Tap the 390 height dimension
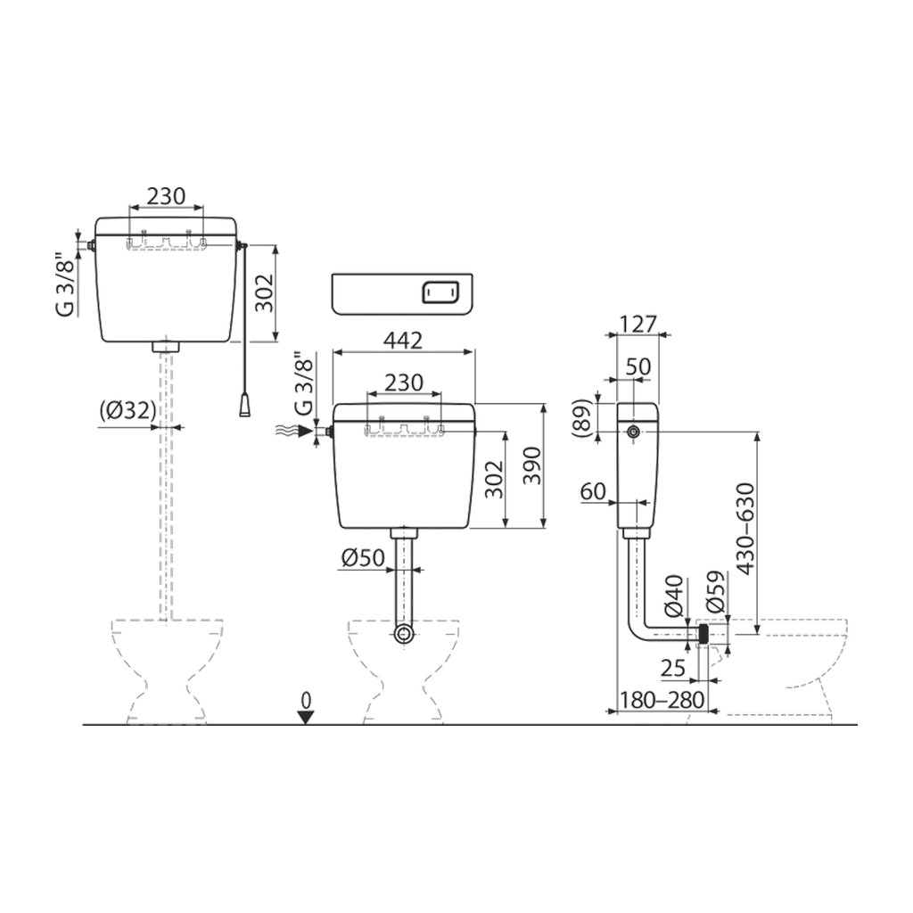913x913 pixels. [532, 465]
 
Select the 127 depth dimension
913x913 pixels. [638, 324]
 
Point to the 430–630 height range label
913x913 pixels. [746, 529]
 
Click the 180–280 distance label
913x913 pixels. [662, 699]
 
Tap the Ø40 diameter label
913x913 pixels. [674, 596]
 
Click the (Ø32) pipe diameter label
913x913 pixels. [127, 412]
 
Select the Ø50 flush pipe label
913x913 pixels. [364, 558]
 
